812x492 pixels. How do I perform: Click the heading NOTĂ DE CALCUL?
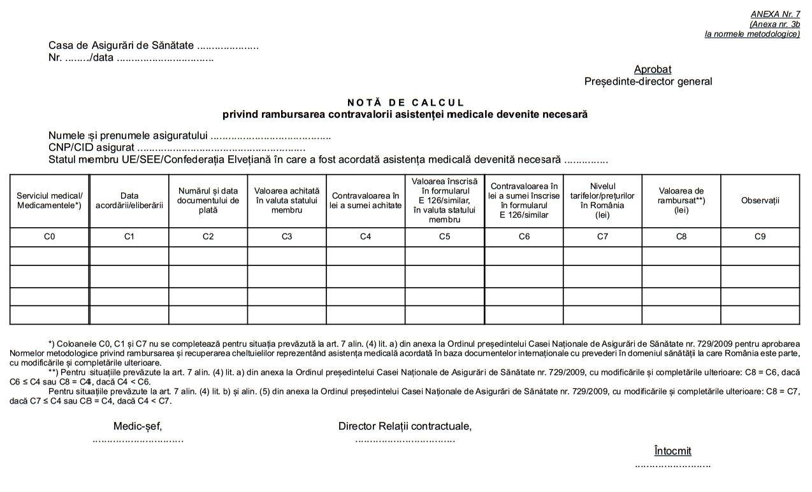click(x=405, y=102)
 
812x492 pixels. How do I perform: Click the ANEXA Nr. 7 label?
click(x=775, y=14)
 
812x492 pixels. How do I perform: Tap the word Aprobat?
click(x=652, y=69)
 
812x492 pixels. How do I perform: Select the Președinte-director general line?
click(x=648, y=81)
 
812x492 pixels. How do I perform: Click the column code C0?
click(x=50, y=237)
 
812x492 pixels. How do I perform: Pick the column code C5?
click(x=444, y=237)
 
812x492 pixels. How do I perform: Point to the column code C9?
click(x=760, y=237)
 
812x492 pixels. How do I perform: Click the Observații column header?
click(x=760, y=200)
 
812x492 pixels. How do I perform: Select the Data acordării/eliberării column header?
click(x=129, y=200)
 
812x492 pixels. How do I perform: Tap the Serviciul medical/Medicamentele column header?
click(x=50, y=200)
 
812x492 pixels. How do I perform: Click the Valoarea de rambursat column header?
click(x=681, y=200)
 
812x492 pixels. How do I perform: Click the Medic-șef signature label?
click(x=142, y=426)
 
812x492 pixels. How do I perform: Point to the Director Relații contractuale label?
click(x=405, y=426)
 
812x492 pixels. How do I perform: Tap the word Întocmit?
click(x=672, y=451)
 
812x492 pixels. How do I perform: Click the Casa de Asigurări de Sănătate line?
click(x=122, y=46)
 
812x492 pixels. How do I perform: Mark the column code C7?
click(x=602, y=237)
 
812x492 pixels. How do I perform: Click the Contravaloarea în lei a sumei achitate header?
click(x=365, y=200)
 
